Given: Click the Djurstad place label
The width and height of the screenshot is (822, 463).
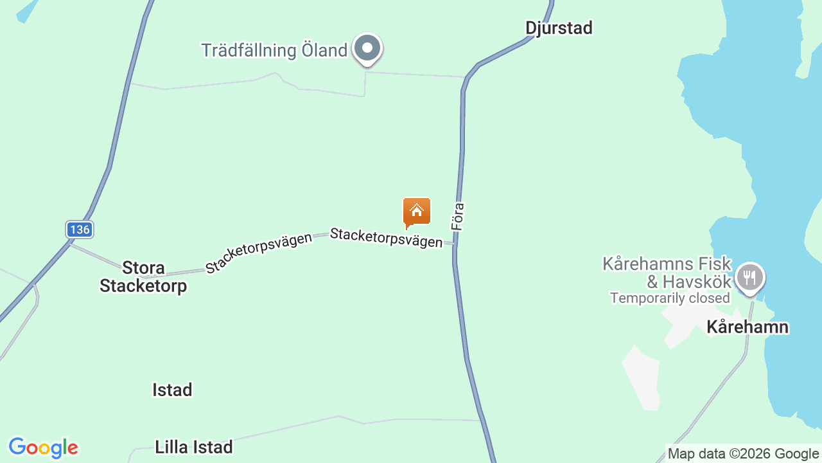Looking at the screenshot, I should pyautogui.click(x=559, y=28).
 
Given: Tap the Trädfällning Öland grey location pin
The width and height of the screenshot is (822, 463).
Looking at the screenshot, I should pyautogui.click(x=368, y=48).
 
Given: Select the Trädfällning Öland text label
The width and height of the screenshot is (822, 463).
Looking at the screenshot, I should pyautogui.click(x=274, y=50).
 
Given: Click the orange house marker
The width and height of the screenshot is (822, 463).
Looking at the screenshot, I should pyautogui.click(x=417, y=212).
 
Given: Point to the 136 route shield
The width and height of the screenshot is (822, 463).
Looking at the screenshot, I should pyautogui.click(x=80, y=230).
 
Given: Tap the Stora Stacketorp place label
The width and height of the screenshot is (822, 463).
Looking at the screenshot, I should pyautogui.click(x=143, y=277).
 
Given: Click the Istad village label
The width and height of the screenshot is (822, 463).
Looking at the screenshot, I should pyautogui.click(x=172, y=390).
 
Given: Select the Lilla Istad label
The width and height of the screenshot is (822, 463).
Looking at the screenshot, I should pyautogui.click(x=193, y=447).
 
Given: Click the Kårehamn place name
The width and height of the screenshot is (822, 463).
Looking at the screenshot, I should pyautogui.click(x=748, y=327).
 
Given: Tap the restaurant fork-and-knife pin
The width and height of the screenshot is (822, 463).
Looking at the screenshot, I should pyautogui.click(x=749, y=277).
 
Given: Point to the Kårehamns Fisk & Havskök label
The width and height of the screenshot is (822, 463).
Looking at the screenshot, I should pyautogui.click(x=667, y=273).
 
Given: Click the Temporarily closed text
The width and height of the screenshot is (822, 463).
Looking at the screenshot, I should pyautogui.click(x=670, y=298).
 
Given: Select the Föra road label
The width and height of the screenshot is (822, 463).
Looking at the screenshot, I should pyautogui.click(x=458, y=217).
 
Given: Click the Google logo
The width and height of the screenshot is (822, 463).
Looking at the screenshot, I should pyautogui.click(x=43, y=448).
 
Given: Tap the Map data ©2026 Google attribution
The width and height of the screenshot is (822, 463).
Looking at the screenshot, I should pyautogui.click(x=743, y=454).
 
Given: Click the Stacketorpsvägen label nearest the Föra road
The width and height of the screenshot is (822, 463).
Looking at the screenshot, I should pyautogui.click(x=386, y=237).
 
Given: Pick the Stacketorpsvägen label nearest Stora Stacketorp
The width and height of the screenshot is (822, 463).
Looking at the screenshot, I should pyautogui.click(x=259, y=252).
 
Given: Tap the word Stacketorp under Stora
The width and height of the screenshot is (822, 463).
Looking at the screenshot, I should pyautogui.click(x=143, y=286).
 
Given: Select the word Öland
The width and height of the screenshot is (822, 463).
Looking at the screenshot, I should pyautogui.click(x=323, y=50).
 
